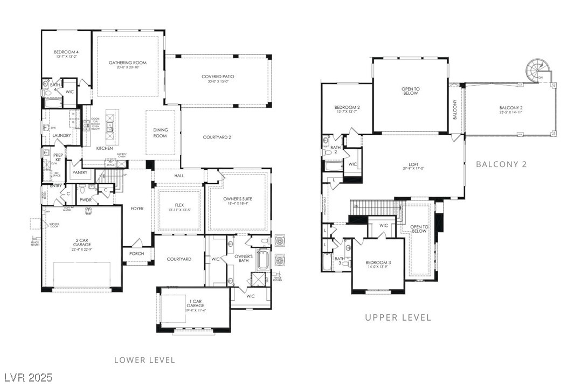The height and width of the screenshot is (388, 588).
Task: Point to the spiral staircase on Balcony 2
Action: coord(537,71)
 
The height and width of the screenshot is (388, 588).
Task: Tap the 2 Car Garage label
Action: coord(82,244)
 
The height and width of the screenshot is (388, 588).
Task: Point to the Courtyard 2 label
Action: coord(217,137)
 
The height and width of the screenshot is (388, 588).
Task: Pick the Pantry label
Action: coord(80,173)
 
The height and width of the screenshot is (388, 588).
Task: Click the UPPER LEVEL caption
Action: coord(398,317)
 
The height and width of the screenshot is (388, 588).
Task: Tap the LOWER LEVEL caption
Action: coord(144,360)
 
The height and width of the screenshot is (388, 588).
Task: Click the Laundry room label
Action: coord(61,135)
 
